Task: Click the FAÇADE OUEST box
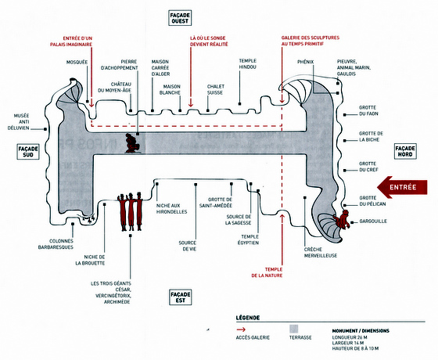tap(180, 18)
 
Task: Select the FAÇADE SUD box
tap(28, 152)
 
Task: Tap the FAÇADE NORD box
tap(405, 151)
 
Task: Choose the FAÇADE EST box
tap(181, 297)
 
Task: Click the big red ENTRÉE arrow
tap(402, 187)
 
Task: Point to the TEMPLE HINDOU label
tap(247, 63)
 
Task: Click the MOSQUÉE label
tap(77, 62)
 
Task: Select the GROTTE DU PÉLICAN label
tap(372, 201)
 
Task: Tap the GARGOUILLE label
tap(373, 221)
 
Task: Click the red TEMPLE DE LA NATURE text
tap(267, 272)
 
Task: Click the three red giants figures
tap(130, 211)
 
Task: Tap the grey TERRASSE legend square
tap(294, 329)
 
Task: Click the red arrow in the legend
tap(241, 329)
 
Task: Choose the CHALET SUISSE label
tap(216, 89)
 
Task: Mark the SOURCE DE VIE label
tap(188, 246)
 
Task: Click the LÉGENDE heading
tap(248, 318)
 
